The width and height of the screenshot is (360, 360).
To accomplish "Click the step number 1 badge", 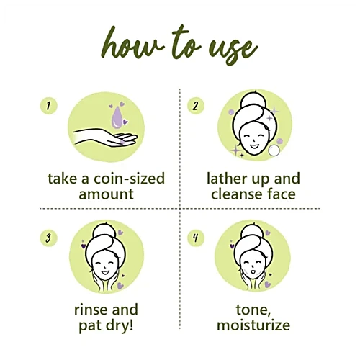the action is (49, 106).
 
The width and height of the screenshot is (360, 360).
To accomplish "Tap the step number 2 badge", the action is (196, 106).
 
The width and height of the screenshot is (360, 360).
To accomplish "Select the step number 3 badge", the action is (49, 238).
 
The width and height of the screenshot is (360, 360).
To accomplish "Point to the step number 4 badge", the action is (196, 238).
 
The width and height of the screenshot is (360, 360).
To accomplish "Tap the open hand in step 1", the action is (106, 138).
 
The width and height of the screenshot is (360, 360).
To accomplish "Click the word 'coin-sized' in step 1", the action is (129, 179).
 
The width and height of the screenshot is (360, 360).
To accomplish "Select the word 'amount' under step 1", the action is (106, 194).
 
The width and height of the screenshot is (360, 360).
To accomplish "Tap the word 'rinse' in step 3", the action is (89, 310).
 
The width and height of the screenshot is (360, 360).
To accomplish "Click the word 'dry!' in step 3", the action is (122, 326).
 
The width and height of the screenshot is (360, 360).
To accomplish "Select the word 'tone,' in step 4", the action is (253, 310).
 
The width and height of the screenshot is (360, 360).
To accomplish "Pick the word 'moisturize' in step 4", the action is (253, 325).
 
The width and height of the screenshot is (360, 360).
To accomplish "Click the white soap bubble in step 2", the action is (274, 150).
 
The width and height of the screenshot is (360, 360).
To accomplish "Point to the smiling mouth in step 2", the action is (253, 146).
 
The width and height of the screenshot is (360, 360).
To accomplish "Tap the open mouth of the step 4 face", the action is (252, 272).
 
